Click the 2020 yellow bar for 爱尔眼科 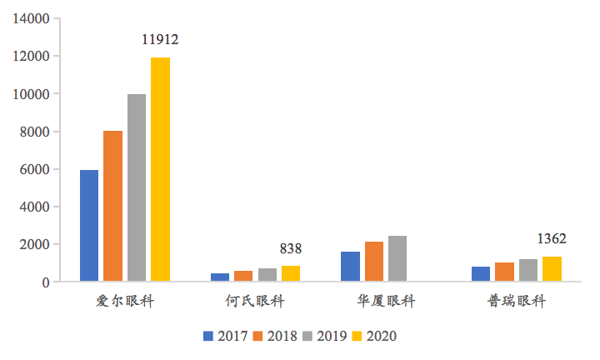click(160, 169)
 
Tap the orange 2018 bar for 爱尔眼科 click(112, 206)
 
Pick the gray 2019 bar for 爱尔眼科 click(137, 187)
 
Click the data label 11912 click(161, 39)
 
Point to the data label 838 click(291, 248)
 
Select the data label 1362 click(552, 239)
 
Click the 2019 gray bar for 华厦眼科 click(397, 258)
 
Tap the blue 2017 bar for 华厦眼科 click(350, 267)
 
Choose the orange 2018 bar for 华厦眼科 click(373, 262)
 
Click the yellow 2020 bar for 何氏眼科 click(291, 273)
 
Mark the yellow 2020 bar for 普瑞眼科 click(552, 269)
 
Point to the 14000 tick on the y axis click(32, 18)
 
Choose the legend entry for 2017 click(225, 337)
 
